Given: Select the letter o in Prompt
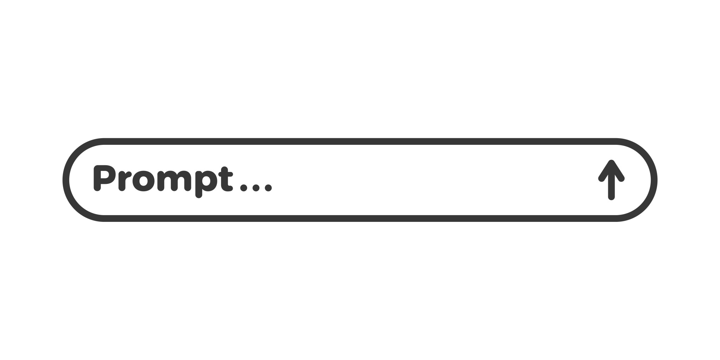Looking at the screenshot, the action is (143, 181).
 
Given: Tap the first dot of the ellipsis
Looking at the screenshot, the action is (243, 188).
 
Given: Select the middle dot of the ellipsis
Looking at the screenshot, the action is (256, 188).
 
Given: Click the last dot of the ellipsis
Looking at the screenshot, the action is (268, 188).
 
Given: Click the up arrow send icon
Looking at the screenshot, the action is (611, 180).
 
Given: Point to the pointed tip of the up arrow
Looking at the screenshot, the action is (611, 161).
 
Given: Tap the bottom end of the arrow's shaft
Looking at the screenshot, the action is (611, 198).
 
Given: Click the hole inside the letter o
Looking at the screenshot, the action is (143, 181).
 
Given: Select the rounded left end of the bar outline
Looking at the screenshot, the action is (66, 180).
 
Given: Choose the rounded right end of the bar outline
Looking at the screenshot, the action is (654, 180).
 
